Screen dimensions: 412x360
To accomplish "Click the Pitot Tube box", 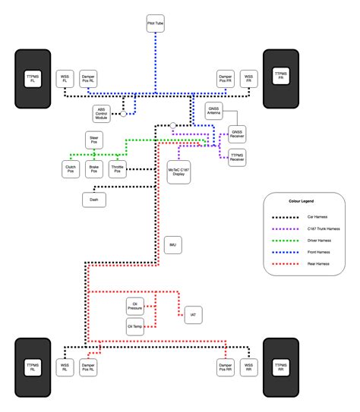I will click(155, 25).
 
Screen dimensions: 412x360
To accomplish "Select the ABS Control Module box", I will click(103, 114).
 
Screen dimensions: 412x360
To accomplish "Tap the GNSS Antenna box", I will click(214, 112).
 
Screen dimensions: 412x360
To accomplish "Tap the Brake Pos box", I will click(93, 170).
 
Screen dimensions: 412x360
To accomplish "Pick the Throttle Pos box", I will click(118, 170).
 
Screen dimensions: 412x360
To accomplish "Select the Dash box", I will click(94, 200).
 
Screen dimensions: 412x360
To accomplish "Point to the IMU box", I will click(173, 245).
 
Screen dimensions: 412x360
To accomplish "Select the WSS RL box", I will click(65, 367).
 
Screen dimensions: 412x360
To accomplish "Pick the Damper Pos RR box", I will click(225, 367).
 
